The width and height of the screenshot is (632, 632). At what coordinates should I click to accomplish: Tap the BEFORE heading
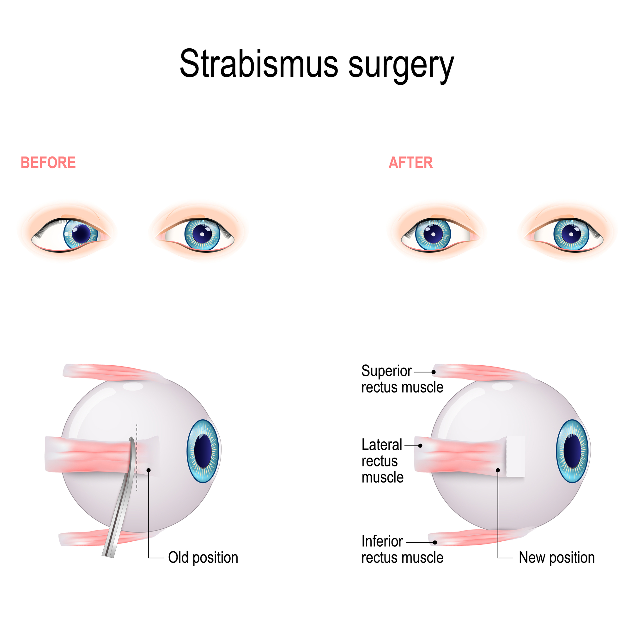(x=48, y=162)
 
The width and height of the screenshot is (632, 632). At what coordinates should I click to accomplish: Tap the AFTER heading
(x=410, y=162)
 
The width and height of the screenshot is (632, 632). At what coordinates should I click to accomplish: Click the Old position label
(x=203, y=557)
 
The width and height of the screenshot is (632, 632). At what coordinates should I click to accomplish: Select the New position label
(x=556, y=557)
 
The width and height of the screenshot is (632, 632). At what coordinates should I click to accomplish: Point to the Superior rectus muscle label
(x=402, y=379)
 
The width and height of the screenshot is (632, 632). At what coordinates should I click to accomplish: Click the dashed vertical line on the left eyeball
(x=137, y=458)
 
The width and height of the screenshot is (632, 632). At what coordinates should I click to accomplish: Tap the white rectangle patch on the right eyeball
(x=515, y=456)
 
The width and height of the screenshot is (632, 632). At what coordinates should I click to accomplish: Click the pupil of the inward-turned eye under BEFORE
(x=81, y=234)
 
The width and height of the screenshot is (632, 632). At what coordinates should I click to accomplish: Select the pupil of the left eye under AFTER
(x=433, y=234)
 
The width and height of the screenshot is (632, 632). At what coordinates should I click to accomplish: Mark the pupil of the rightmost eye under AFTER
(x=571, y=234)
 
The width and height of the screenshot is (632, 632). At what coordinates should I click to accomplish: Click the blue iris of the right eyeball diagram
(x=572, y=451)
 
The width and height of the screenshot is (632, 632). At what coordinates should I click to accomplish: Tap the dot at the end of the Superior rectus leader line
(x=434, y=372)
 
